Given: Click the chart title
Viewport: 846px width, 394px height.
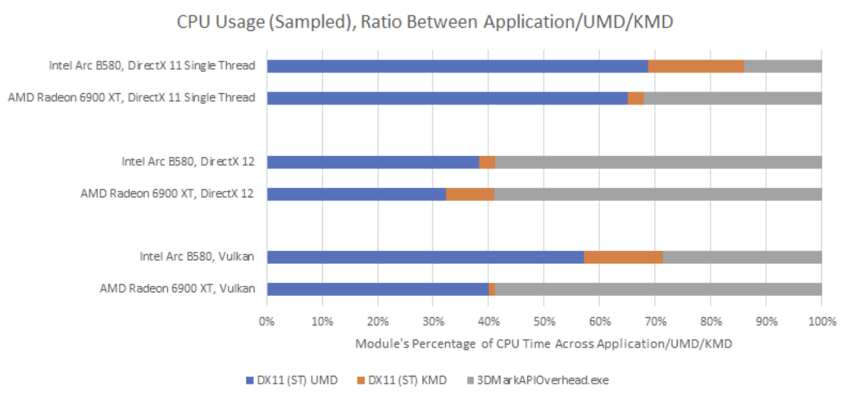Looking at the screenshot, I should tap(425, 22).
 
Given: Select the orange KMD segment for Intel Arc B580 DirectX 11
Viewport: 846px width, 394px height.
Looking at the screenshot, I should tap(695, 66).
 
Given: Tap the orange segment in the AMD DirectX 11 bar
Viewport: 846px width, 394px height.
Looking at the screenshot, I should tap(635, 98).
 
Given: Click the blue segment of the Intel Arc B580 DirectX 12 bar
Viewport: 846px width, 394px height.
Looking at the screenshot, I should tap(372, 162).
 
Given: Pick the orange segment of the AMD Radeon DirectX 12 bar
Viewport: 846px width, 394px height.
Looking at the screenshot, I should tap(470, 194).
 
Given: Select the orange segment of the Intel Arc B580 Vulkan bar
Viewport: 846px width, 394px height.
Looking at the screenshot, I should tap(623, 257).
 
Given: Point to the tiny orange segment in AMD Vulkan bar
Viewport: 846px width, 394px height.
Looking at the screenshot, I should tap(492, 289).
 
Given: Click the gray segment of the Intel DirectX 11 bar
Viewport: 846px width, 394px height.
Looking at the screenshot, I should tap(782, 66).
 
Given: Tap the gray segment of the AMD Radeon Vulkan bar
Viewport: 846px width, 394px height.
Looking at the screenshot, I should tap(658, 289).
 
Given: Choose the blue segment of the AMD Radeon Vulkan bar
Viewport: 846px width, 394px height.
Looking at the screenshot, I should tap(377, 289).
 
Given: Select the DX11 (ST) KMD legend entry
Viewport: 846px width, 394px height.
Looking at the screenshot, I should tap(402, 380).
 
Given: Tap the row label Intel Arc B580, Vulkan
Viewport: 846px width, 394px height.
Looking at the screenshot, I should tap(197, 257).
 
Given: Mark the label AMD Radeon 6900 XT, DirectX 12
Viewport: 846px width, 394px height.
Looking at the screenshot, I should tap(167, 194).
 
